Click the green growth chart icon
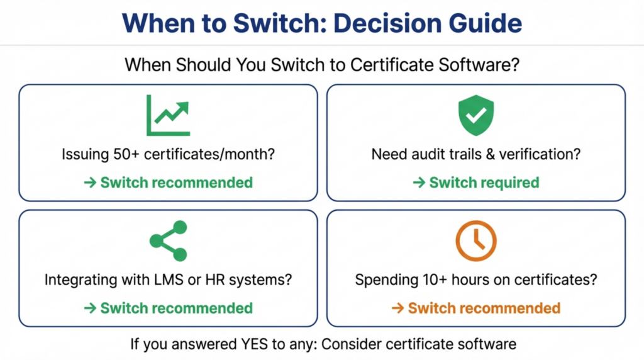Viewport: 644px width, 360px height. (168, 116)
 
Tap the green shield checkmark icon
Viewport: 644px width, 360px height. (476, 115)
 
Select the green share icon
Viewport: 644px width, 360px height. (168, 241)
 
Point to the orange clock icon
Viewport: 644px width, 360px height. (476, 241)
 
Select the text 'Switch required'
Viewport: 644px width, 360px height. (484, 183)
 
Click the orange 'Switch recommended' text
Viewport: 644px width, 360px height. (484, 308)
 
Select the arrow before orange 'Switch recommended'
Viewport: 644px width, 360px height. (397, 308)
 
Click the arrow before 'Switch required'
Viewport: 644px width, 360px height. (419, 183)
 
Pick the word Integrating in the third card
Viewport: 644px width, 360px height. (78, 279)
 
